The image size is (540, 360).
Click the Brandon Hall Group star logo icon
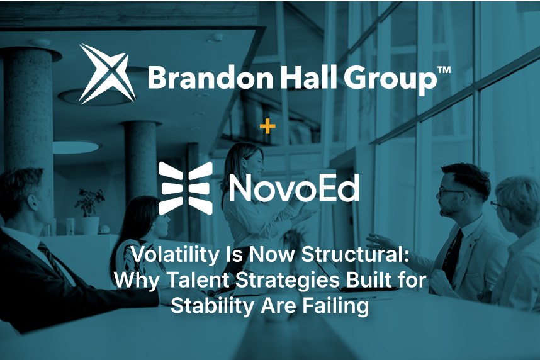pyautogui.click(x=108, y=74)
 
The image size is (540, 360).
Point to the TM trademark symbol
pyautogui.click(x=444, y=70)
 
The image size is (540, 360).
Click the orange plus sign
pyautogui.click(x=267, y=127)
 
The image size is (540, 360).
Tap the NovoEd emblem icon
pyautogui.click(x=186, y=188)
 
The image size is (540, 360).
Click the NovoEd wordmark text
pyautogui.click(x=294, y=188)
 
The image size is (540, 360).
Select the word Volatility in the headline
pyautogui.click(x=175, y=255)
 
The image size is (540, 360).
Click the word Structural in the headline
pyautogui.click(x=356, y=254)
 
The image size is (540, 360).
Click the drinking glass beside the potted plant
pyautogui.click(x=70, y=227)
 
